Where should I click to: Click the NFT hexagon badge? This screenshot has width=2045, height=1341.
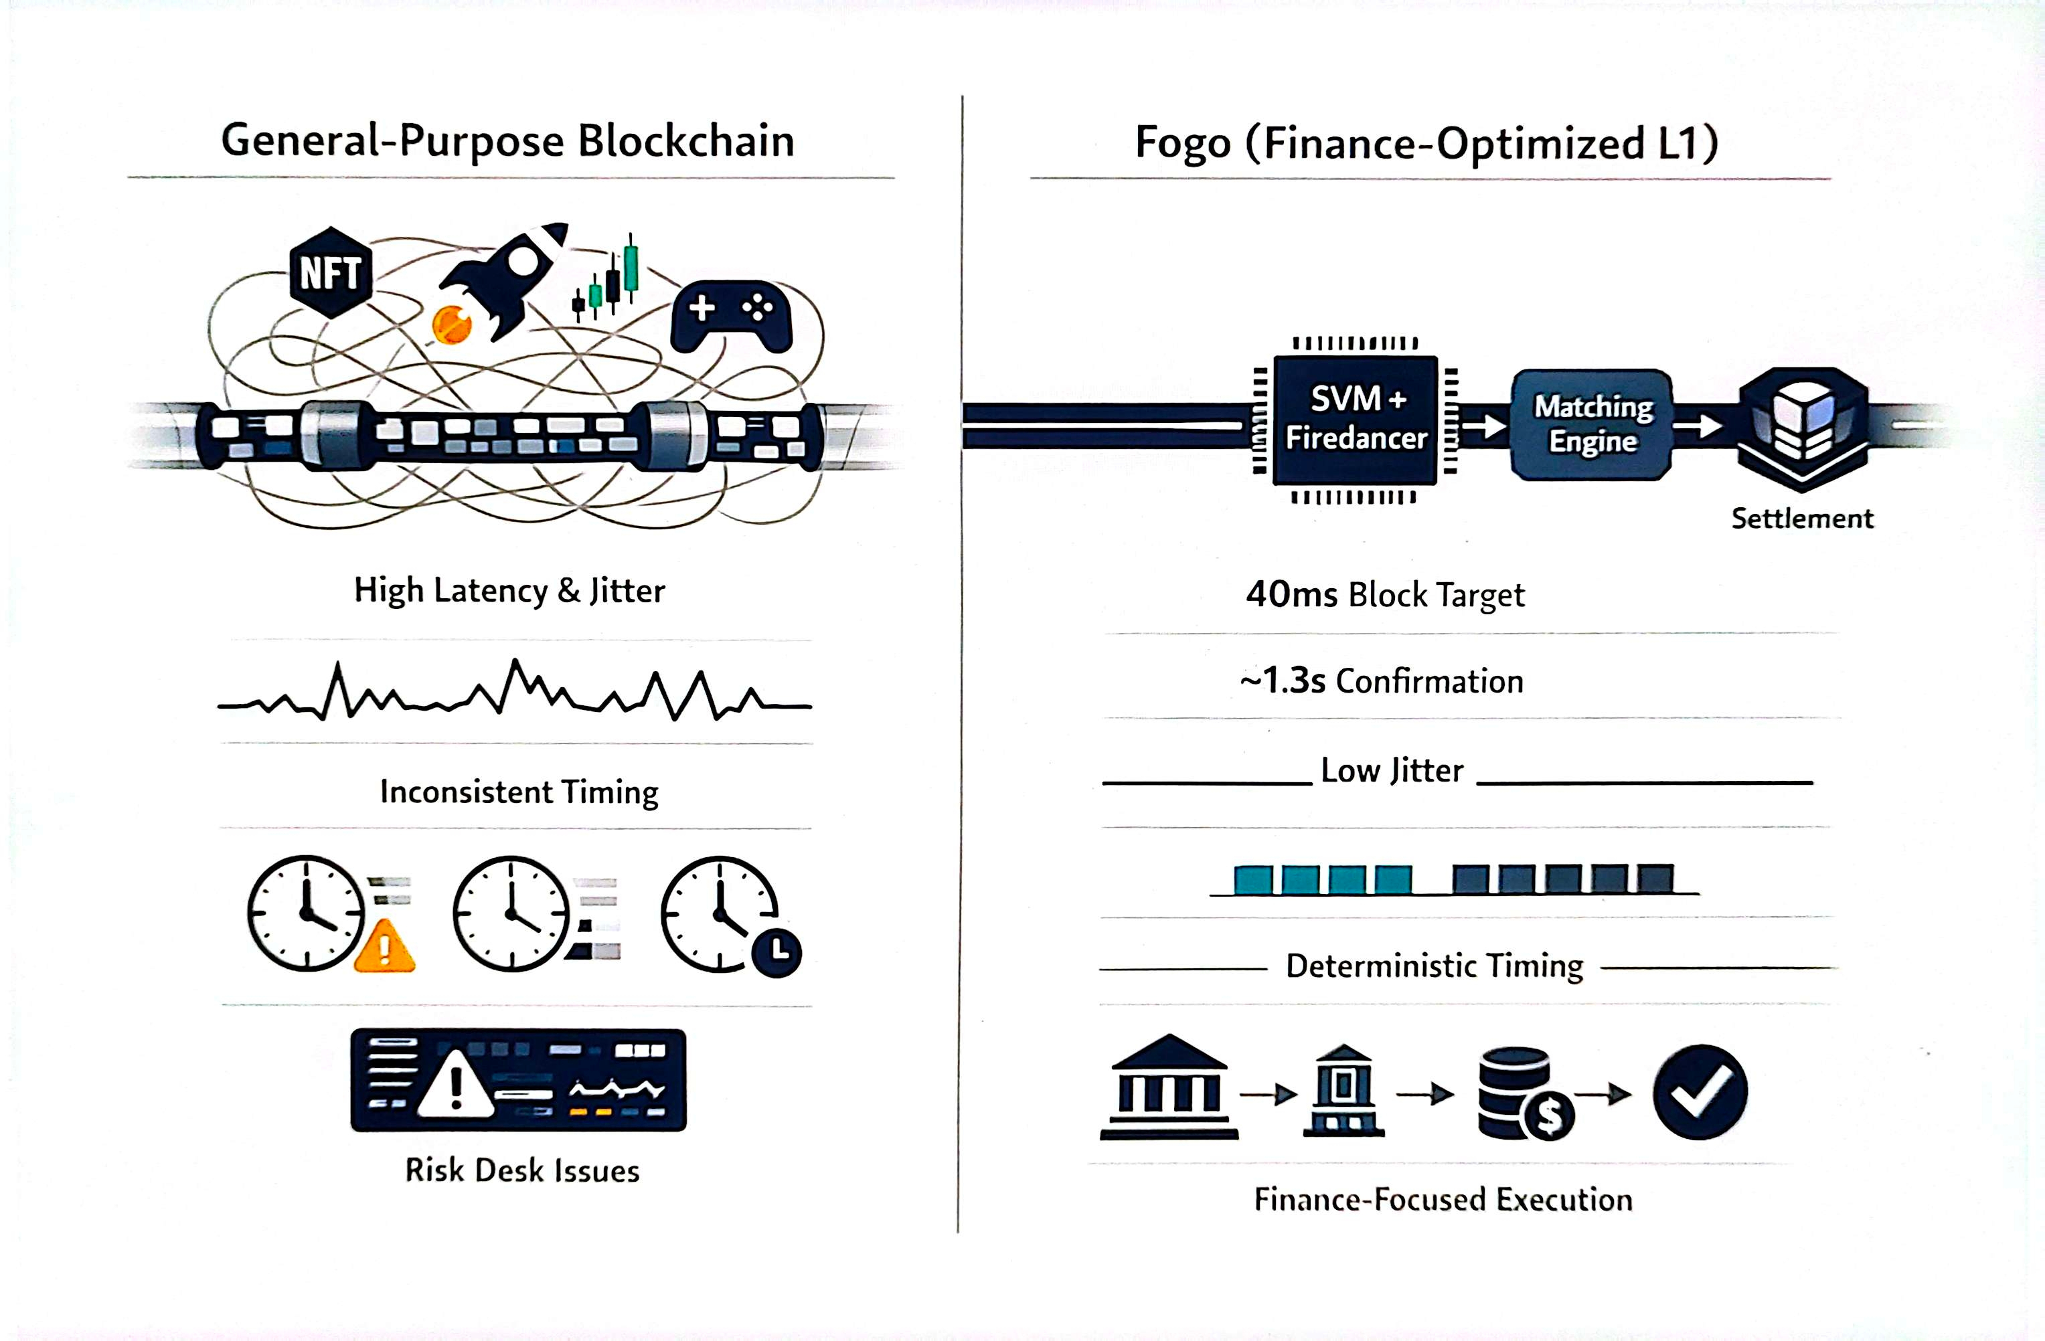(331, 273)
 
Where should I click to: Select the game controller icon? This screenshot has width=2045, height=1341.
(731, 316)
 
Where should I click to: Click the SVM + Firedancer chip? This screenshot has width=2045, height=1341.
(1355, 419)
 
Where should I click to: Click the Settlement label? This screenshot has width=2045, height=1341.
(1802, 519)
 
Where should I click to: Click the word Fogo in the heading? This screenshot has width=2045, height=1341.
(1182, 143)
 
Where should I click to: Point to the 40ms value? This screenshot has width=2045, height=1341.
(1291, 594)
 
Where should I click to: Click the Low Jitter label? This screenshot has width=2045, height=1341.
(1392, 771)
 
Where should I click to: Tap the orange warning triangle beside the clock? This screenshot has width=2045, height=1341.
(384, 947)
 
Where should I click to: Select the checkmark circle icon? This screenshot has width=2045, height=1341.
(1700, 1092)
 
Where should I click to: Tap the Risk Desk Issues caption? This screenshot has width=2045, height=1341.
(522, 1171)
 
